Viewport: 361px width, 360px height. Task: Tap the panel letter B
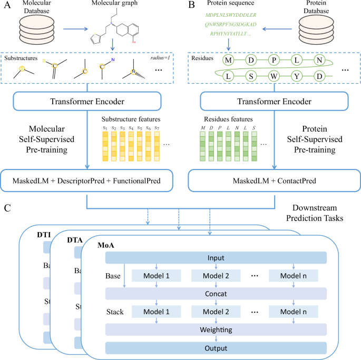192,6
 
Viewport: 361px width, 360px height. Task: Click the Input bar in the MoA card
216,257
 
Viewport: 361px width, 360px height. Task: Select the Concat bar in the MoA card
216,294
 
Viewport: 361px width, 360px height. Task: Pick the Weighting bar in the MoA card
216,329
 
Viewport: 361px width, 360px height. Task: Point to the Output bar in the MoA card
216,348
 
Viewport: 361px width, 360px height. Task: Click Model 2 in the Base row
216,276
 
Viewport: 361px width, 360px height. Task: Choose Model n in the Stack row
292,312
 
